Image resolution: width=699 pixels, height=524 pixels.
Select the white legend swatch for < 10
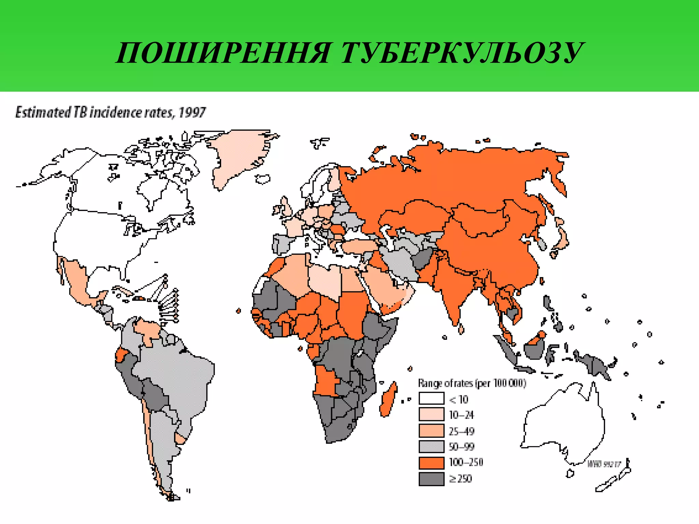pyautogui.click(x=431, y=398)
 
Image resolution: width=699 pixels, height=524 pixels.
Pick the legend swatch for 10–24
pyautogui.click(x=431, y=414)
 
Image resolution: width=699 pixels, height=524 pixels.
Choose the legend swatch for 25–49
pyautogui.click(x=431, y=431)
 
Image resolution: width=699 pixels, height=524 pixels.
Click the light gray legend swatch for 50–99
pyautogui.click(x=431, y=446)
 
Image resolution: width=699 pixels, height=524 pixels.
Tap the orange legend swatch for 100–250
pyautogui.click(x=431, y=463)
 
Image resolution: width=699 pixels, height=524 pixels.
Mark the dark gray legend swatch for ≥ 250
pyautogui.click(x=431, y=479)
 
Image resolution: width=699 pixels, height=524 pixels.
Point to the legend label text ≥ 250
pyautogui.click(x=460, y=479)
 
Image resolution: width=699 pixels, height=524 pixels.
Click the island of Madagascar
pyautogui.click(x=388, y=399)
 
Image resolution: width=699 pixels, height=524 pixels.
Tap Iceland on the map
pyautogui.click(x=262, y=178)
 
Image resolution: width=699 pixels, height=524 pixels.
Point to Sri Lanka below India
pyautogui.click(x=461, y=329)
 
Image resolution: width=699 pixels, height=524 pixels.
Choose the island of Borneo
pyautogui.click(x=533, y=348)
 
